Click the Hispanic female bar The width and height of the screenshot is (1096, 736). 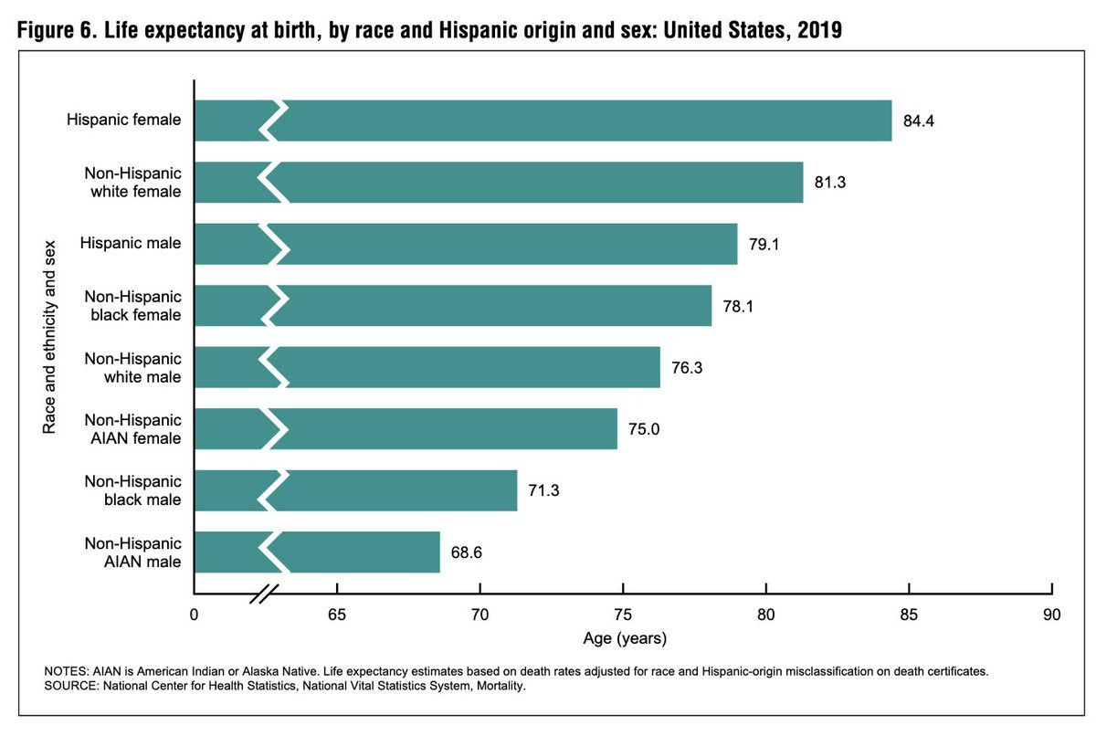[585, 121]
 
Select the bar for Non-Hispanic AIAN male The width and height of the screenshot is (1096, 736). [365, 552]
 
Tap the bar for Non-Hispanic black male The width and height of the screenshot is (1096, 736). [402, 490]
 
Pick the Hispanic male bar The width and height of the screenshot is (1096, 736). [511, 244]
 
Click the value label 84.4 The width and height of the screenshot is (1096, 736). [918, 121]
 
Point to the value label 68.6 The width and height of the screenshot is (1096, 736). [466, 552]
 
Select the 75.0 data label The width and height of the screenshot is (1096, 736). [643, 429]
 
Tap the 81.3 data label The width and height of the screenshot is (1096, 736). [829, 183]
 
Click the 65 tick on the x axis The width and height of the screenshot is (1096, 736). [336, 615]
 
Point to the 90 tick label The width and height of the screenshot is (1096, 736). [1052, 615]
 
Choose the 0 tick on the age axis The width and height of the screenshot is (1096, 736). [194, 615]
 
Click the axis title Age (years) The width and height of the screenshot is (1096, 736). [624, 636]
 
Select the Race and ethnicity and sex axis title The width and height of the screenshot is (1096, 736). [50, 337]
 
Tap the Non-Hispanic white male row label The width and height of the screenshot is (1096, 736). [133, 367]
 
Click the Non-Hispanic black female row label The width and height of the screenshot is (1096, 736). [133, 306]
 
